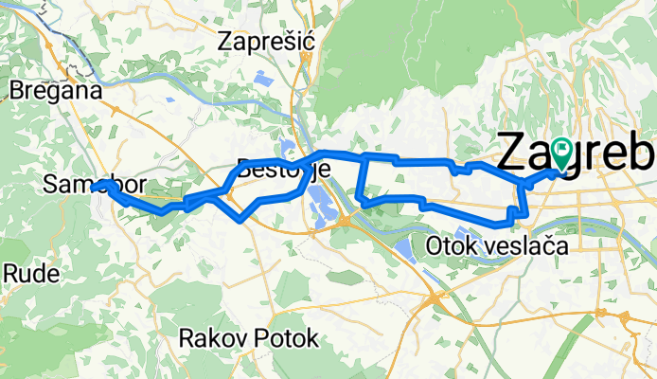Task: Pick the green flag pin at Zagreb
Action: (560, 152)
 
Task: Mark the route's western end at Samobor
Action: (101, 185)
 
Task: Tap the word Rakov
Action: (205, 337)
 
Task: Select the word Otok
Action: (448, 246)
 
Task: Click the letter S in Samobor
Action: (50, 188)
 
